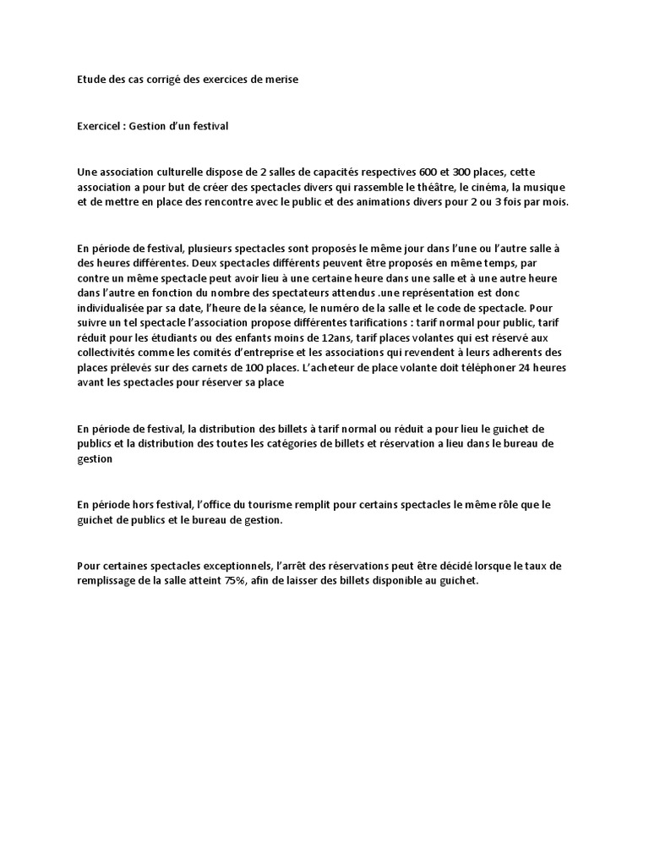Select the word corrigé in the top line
[150, 79]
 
